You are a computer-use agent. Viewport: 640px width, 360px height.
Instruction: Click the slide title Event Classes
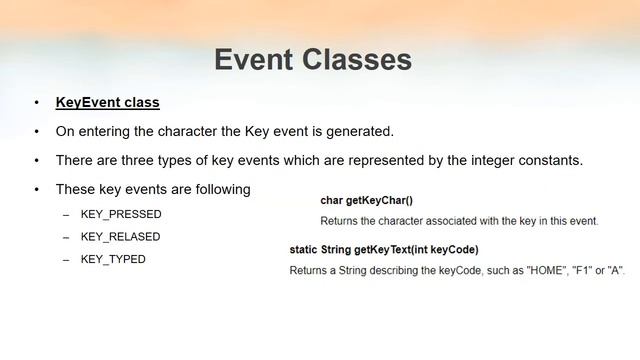[x=312, y=59]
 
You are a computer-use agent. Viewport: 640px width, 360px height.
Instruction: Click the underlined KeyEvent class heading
[x=107, y=102]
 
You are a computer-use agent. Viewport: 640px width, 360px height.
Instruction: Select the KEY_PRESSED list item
[x=120, y=214]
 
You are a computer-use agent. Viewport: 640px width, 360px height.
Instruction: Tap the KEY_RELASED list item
[x=120, y=237]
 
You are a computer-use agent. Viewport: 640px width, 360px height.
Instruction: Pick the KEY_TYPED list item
[x=113, y=259]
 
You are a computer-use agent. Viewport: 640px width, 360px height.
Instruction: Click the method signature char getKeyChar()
[x=366, y=200]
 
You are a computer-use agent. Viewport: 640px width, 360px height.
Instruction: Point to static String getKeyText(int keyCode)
[x=384, y=249]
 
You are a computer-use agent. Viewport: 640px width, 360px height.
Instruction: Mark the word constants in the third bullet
[x=550, y=160]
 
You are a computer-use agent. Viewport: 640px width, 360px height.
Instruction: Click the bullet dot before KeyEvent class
[x=36, y=103]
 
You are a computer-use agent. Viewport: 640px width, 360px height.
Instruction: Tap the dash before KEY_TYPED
[x=66, y=260]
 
